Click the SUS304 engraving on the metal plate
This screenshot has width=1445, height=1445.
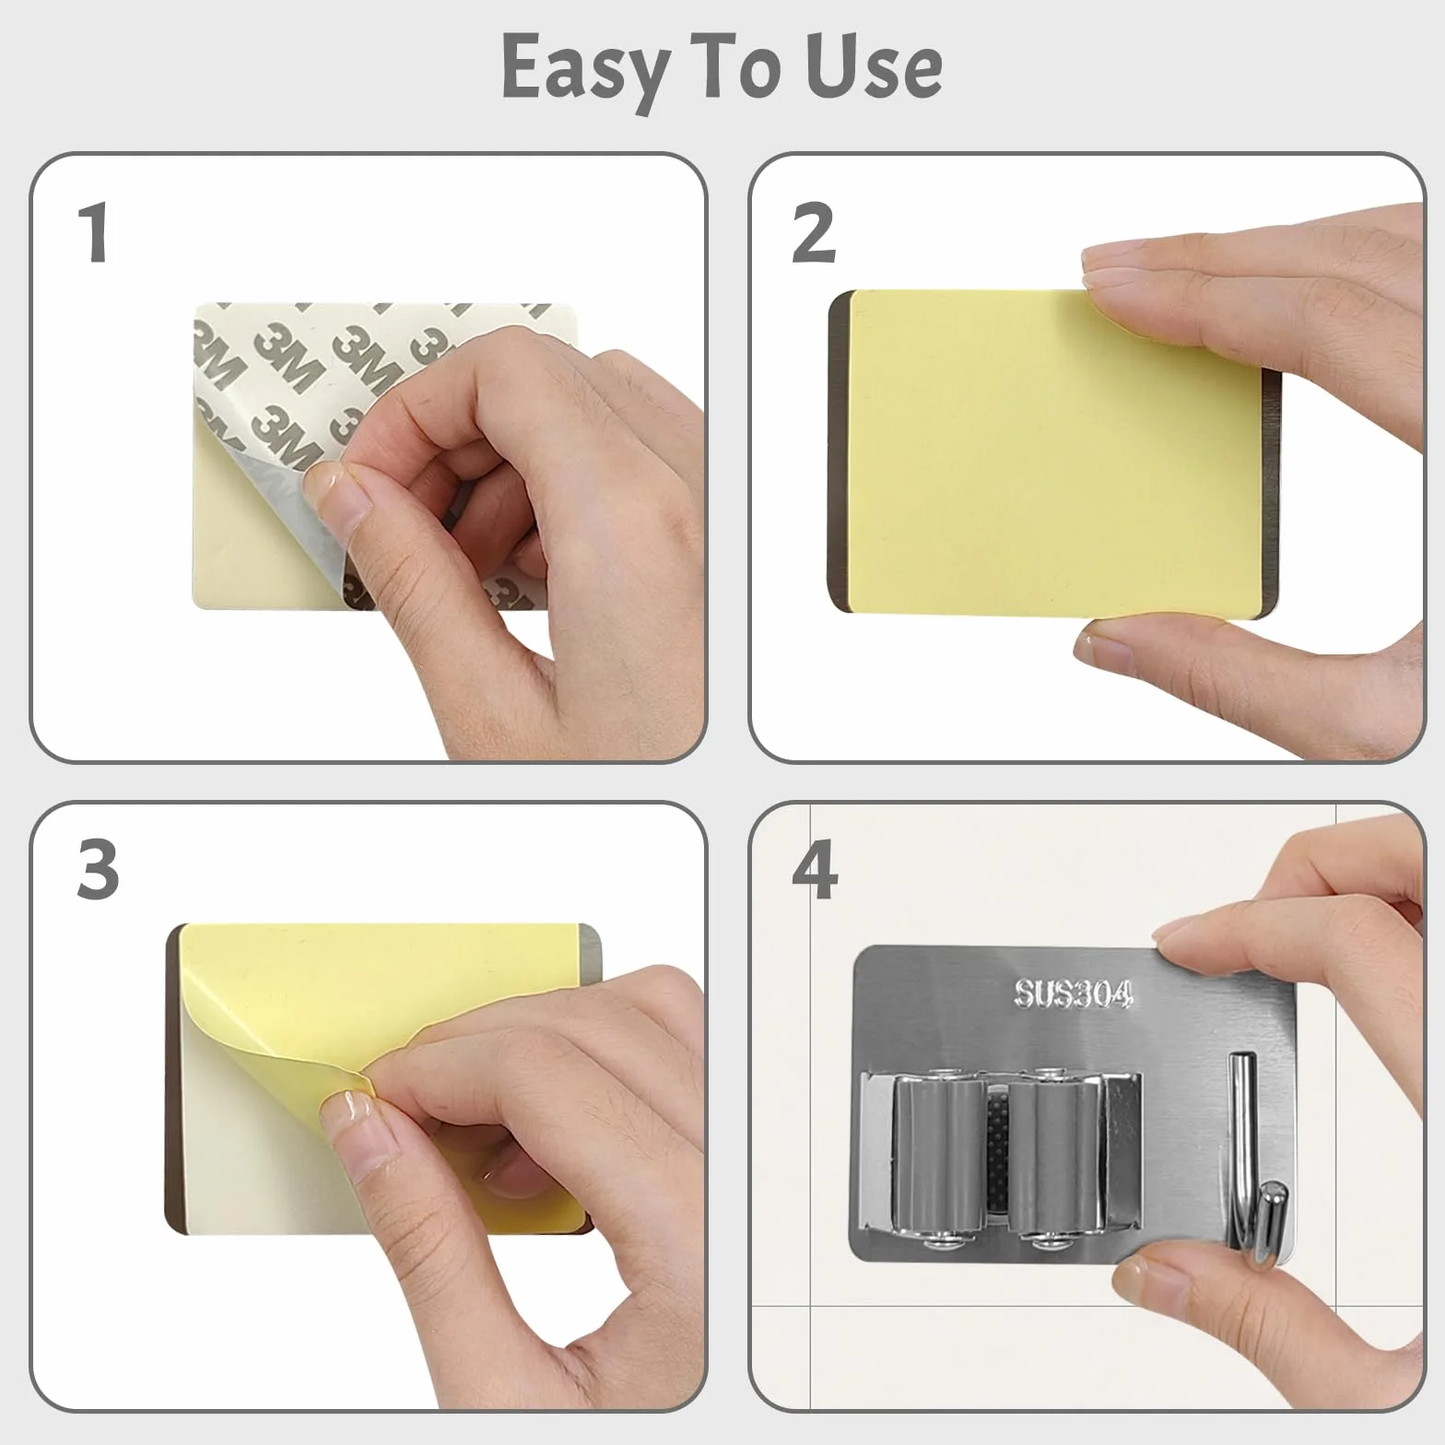(1073, 993)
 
